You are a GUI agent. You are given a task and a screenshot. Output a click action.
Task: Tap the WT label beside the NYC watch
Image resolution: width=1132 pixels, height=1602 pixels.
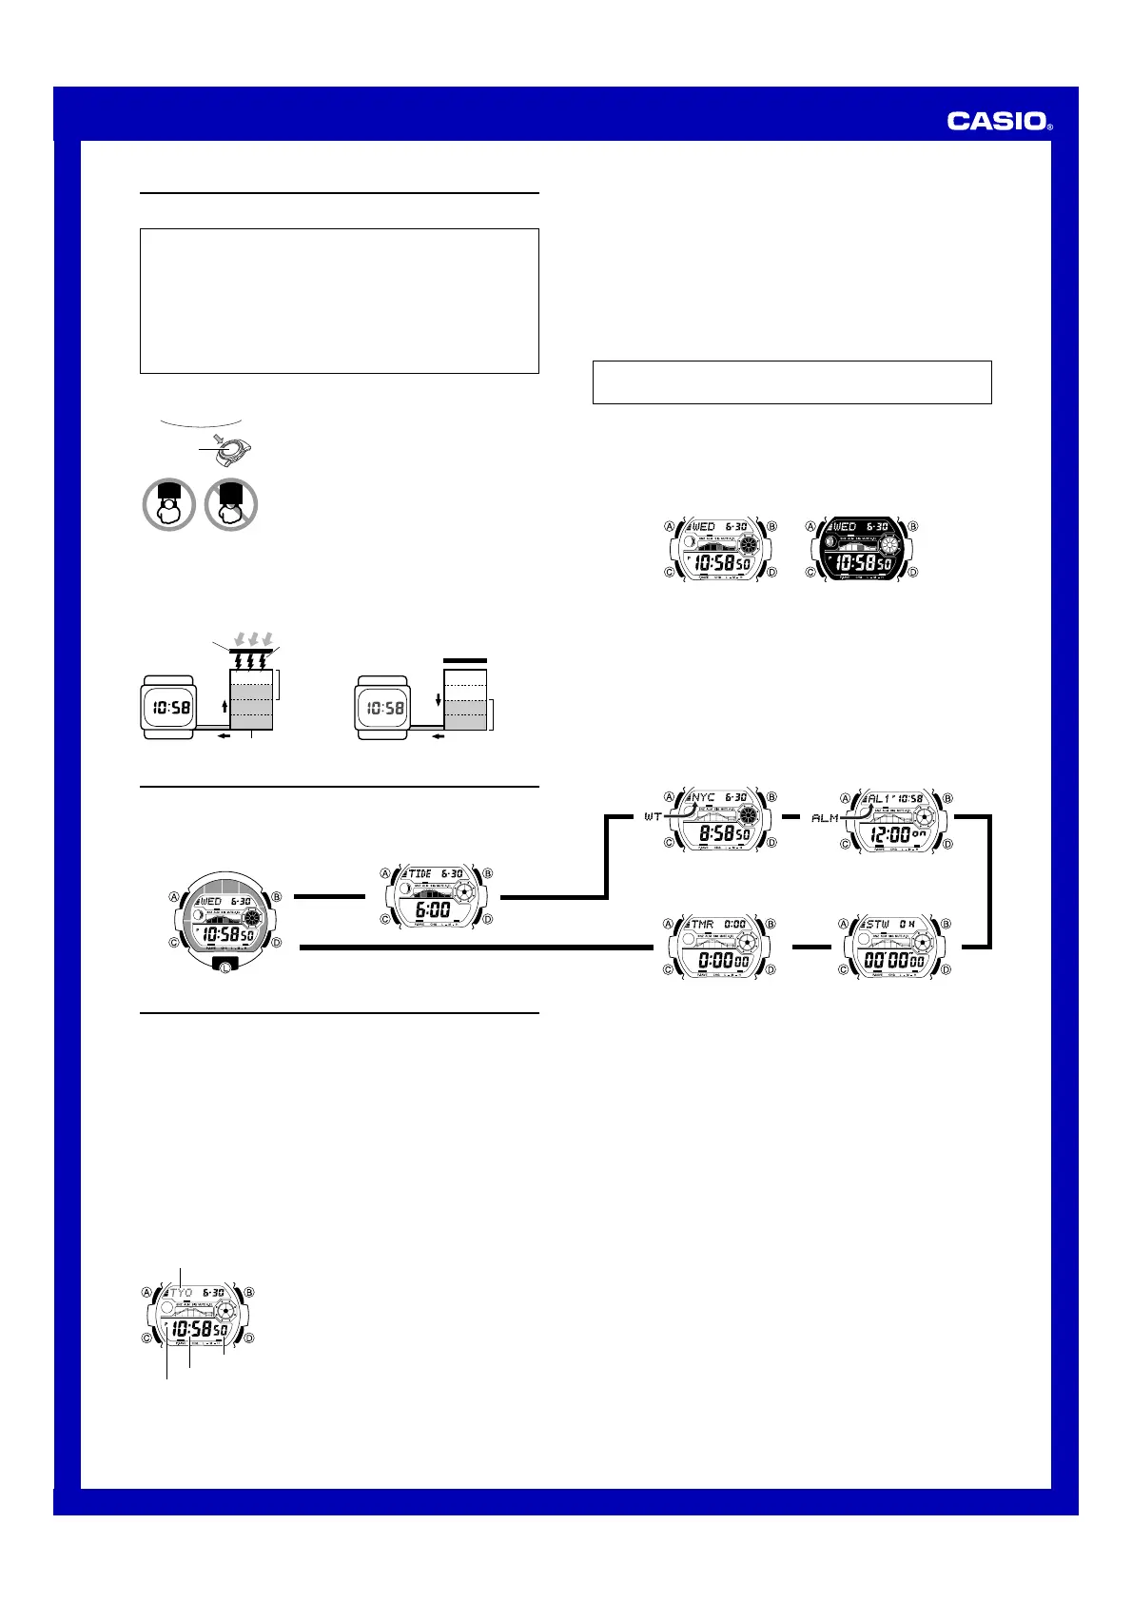point(653,816)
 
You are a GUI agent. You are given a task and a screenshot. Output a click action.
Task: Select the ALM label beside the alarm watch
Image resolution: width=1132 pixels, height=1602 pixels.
point(825,817)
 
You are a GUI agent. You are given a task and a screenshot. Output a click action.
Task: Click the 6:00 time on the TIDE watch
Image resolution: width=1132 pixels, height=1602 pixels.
point(433,910)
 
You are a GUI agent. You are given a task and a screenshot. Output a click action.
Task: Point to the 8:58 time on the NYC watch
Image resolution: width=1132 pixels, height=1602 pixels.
point(714,834)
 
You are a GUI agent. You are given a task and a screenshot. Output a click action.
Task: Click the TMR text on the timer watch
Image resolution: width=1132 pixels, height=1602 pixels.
point(702,924)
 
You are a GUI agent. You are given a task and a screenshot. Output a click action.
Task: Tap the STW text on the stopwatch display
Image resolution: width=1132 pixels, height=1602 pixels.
point(877,924)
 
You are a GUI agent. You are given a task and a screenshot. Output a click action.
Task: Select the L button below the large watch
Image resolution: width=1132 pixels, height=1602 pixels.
point(224,966)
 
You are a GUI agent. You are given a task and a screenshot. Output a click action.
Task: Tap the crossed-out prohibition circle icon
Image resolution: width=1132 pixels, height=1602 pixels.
point(231,504)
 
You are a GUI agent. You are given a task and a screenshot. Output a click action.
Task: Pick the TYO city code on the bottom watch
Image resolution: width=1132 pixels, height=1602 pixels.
point(181,1294)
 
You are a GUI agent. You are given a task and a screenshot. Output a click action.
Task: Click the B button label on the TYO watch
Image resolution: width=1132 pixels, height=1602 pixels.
point(249,1293)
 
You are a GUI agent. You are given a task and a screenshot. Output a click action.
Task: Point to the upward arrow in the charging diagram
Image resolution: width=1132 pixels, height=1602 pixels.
point(224,706)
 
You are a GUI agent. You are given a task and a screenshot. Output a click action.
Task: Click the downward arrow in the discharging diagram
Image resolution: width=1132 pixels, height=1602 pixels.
point(438,699)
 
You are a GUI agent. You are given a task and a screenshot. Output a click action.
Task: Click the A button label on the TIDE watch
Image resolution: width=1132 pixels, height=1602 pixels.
point(385,873)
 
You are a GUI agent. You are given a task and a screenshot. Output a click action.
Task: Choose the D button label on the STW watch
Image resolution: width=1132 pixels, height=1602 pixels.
point(947,969)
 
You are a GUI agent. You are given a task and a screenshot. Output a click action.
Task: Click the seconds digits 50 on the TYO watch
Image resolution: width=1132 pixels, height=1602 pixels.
point(220,1330)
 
